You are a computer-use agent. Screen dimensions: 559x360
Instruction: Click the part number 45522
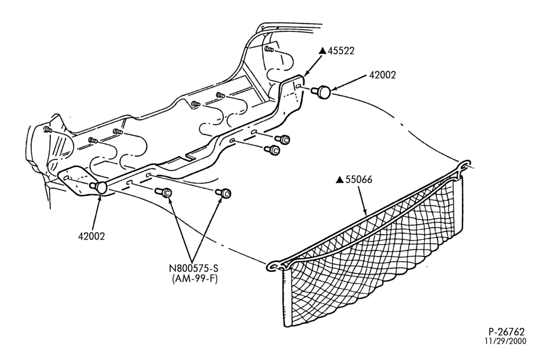pyautogui.click(x=341, y=51)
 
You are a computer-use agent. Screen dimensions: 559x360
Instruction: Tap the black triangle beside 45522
pyautogui.click(x=323, y=51)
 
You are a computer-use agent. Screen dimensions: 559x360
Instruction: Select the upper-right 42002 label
pyautogui.click(x=382, y=75)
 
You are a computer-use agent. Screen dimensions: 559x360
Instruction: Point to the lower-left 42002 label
pyautogui.click(x=91, y=236)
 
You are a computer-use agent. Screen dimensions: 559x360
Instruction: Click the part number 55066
pyautogui.click(x=359, y=179)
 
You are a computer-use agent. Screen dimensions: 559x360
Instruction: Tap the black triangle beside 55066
pyautogui.click(x=340, y=179)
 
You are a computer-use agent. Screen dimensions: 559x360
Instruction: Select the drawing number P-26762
pyautogui.click(x=506, y=332)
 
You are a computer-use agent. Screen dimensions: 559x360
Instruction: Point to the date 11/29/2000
pyautogui.click(x=505, y=341)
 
